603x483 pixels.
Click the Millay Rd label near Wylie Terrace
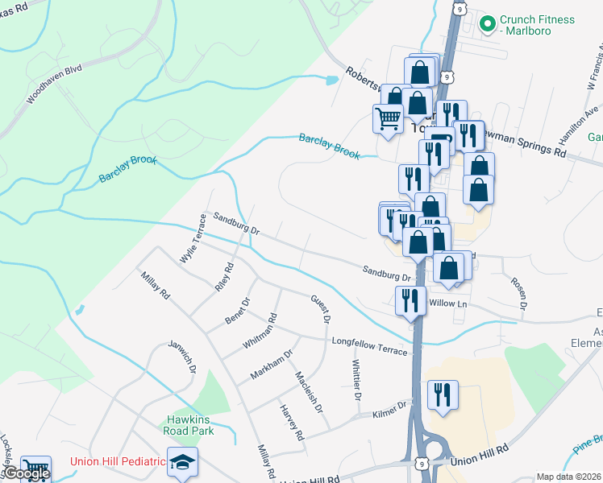tap(155, 286)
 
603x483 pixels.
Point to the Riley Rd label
tap(224, 276)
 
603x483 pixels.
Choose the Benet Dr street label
tap(239, 311)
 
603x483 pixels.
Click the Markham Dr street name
tap(271, 363)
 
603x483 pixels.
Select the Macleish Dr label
tap(309, 392)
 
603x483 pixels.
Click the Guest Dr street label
tap(321, 308)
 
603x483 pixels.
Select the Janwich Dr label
tap(182, 357)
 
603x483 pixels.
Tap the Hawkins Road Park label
tap(190, 425)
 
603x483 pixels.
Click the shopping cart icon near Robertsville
tap(389, 118)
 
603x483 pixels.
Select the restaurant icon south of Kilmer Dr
tap(443, 394)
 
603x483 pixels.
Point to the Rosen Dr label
tap(518, 294)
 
